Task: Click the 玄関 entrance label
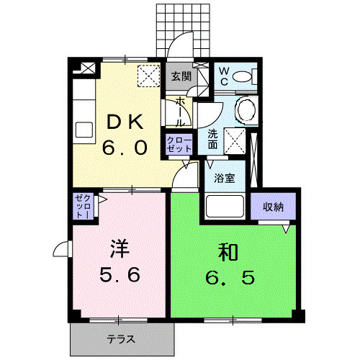pos(180,76)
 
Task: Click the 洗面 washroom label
pos(214,138)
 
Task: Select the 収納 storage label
pos(272,207)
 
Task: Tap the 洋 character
pos(119,248)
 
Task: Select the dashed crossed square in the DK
pos(149,74)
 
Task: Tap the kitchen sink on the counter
pos(84,132)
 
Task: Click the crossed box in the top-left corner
pos(87,70)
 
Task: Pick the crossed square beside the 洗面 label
pos(235,139)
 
